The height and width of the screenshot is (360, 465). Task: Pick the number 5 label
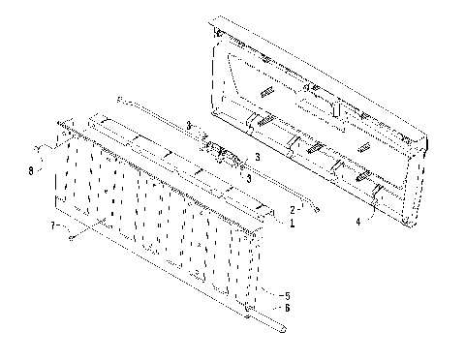(286, 294)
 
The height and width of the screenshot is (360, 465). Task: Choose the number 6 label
(286, 308)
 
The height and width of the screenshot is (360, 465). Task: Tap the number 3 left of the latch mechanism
(190, 123)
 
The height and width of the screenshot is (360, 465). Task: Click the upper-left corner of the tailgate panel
(214, 19)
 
